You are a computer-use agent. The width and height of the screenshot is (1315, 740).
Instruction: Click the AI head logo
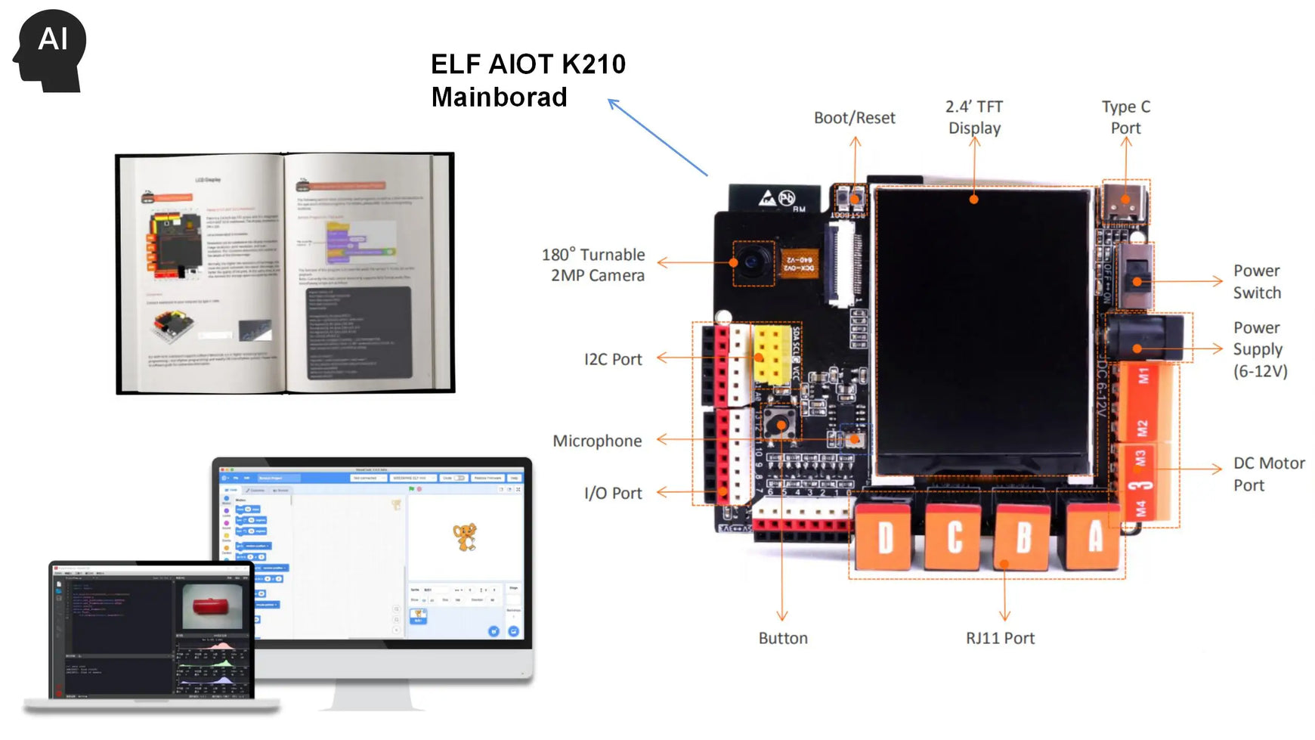click(x=50, y=50)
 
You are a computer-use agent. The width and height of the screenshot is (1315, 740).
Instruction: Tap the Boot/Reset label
click(x=854, y=118)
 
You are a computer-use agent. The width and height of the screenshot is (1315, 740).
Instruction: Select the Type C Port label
click(x=1125, y=117)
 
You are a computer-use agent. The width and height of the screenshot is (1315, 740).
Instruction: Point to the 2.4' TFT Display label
click(x=974, y=117)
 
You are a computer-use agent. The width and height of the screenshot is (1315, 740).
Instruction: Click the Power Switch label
click(x=1257, y=281)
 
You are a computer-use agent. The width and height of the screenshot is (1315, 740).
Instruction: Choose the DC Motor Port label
click(x=1268, y=474)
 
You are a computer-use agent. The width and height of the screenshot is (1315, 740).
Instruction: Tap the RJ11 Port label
click(x=1000, y=638)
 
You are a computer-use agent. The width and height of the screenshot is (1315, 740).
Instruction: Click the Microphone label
click(x=597, y=441)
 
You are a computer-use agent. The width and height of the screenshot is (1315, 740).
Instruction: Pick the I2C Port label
click(x=613, y=359)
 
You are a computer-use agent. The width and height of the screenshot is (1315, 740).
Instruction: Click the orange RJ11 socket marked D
click(x=885, y=537)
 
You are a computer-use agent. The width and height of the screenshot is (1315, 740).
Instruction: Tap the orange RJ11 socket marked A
click(x=1094, y=537)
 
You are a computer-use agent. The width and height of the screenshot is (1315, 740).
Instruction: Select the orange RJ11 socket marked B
click(x=1023, y=537)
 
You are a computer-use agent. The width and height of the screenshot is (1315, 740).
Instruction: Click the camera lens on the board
click(x=753, y=262)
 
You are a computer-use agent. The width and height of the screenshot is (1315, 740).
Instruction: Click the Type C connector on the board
click(x=1125, y=202)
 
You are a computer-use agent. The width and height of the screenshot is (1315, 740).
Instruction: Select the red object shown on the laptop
click(x=215, y=605)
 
